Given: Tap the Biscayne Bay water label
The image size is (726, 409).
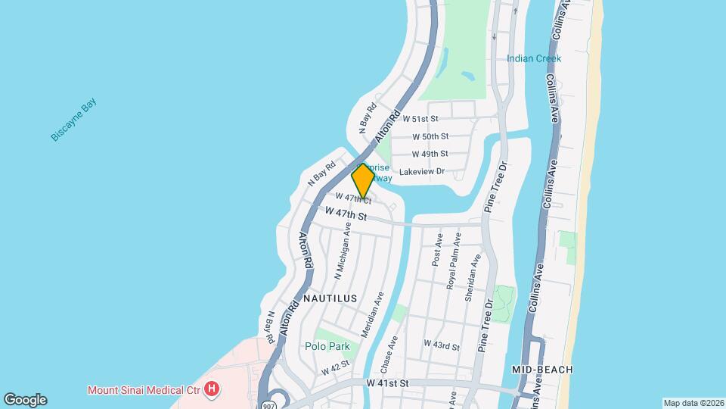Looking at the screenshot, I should pos(74,120).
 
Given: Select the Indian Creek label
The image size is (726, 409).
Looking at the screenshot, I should pos(534,58).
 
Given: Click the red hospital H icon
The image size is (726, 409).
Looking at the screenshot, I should pos(213,390).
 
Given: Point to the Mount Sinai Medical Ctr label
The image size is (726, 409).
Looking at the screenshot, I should pos(143,390).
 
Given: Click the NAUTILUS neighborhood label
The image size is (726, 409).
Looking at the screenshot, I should pos(330,298).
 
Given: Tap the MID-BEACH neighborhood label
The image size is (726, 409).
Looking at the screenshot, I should pos(541,369).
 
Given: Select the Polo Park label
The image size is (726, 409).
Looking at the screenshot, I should pos(327,346).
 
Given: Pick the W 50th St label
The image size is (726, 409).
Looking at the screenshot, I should pos(430,136).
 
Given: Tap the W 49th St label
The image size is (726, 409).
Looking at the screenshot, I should pos(430,154).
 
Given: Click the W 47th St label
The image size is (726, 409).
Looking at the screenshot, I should pos(346,215).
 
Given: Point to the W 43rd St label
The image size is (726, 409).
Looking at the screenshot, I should pos(442,345).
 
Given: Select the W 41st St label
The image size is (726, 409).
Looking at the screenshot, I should pos(387,384).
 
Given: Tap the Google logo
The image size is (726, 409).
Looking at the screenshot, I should pos(25,400).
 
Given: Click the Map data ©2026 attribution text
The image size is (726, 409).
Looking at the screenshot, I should pos(692,403).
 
